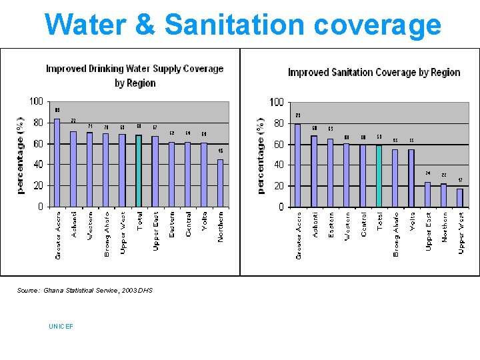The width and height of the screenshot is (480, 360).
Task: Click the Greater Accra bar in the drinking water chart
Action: (x=57, y=163)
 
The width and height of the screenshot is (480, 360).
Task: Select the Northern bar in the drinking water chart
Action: (x=220, y=183)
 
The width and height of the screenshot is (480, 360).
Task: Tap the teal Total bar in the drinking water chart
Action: (x=139, y=171)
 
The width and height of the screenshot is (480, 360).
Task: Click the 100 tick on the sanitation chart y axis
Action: (x=276, y=102)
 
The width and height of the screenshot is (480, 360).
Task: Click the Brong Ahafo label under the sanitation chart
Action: (x=396, y=235)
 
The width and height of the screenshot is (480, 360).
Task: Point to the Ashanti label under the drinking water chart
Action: (x=73, y=224)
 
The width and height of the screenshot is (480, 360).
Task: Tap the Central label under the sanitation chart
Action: (x=363, y=225)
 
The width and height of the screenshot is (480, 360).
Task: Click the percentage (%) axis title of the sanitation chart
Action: (x=261, y=155)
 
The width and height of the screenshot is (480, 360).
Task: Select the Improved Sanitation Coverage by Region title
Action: (x=374, y=72)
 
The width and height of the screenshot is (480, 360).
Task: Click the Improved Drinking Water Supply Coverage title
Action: (x=135, y=69)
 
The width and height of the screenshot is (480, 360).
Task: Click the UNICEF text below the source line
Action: (x=61, y=326)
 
